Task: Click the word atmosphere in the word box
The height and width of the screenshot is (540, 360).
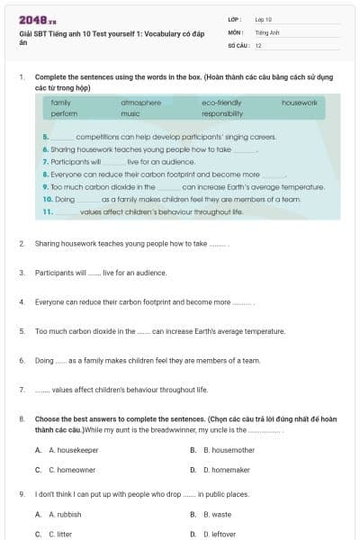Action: [x=140, y=103]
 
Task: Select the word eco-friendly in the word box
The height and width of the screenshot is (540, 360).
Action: [x=221, y=103]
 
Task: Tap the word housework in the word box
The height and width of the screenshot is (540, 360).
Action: [x=300, y=103]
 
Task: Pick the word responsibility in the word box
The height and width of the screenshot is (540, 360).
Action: [x=222, y=114]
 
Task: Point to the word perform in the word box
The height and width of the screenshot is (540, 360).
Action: [x=64, y=114]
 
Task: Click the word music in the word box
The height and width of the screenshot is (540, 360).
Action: [x=130, y=114]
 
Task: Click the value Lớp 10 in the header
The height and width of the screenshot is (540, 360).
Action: [x=264, y=18]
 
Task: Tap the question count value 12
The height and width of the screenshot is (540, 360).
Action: [x=258, y=44]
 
